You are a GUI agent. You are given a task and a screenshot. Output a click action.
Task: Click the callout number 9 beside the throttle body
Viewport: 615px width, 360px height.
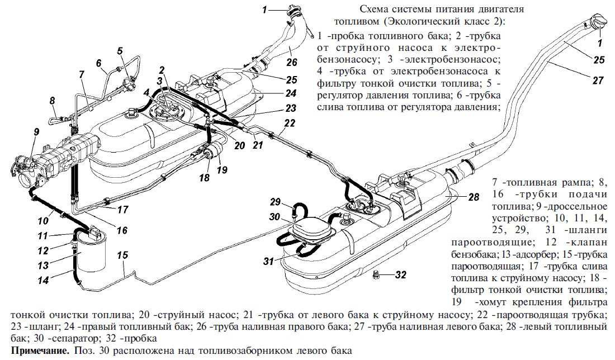(36, 133)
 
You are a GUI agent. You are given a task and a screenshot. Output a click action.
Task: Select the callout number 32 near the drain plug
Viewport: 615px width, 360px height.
(401, 274)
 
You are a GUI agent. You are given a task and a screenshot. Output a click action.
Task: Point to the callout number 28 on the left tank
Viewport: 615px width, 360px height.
(474, 197)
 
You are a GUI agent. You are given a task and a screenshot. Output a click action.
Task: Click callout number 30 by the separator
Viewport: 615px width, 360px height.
(275, 217)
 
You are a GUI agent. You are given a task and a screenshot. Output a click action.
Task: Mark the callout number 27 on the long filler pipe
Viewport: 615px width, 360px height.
(598, 80)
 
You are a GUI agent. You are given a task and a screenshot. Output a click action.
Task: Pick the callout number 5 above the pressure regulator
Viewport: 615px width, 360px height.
(120, 51)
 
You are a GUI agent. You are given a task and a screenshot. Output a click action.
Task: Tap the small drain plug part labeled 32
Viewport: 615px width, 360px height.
(378, 273)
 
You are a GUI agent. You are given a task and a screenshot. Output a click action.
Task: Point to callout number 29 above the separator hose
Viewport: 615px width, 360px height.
(275, 201)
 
